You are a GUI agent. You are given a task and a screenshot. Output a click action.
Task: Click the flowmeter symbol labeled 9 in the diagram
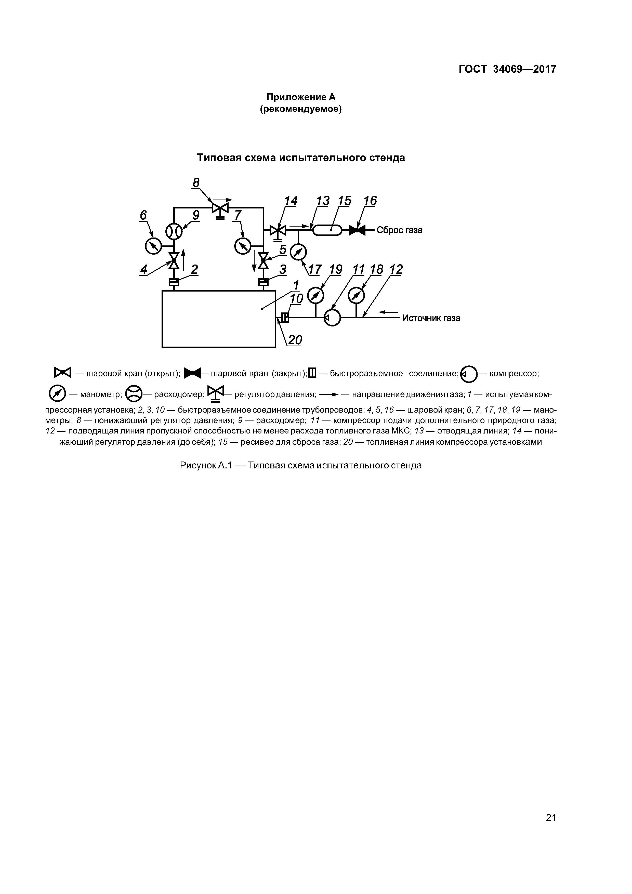pyautogui.click(x=174, y=232)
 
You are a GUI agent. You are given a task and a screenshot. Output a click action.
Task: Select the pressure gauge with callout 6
pyautogui.click(x=153, y=246)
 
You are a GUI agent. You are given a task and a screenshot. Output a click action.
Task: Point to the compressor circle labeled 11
pyautogui.click(x=332, y=318)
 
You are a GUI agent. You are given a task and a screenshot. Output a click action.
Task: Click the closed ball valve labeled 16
pyautogui.click(x=357, y=231)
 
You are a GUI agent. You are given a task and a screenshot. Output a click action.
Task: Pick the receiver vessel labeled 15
pyautogui.click(x=327, y=231)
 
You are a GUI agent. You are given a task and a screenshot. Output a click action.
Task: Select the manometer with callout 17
pyautogui.click(x=298, y=252)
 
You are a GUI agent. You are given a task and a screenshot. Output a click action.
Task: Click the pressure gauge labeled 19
pyautogui.click(x=316, y=296)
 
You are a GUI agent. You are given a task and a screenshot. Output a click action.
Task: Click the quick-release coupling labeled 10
pyautogui.click(x=285, y=318)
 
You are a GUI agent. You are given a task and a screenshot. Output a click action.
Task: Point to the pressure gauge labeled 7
pyautogui.click(x=243, y=246)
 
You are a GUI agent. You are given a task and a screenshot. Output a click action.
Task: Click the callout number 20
pyautogui.click(x=295, y=340)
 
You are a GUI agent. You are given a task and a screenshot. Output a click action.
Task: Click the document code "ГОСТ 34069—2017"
pyautogui.click(x=507, y=69)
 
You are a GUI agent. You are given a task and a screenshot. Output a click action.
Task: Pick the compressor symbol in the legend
pyautogui.click(x=468, y=374)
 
